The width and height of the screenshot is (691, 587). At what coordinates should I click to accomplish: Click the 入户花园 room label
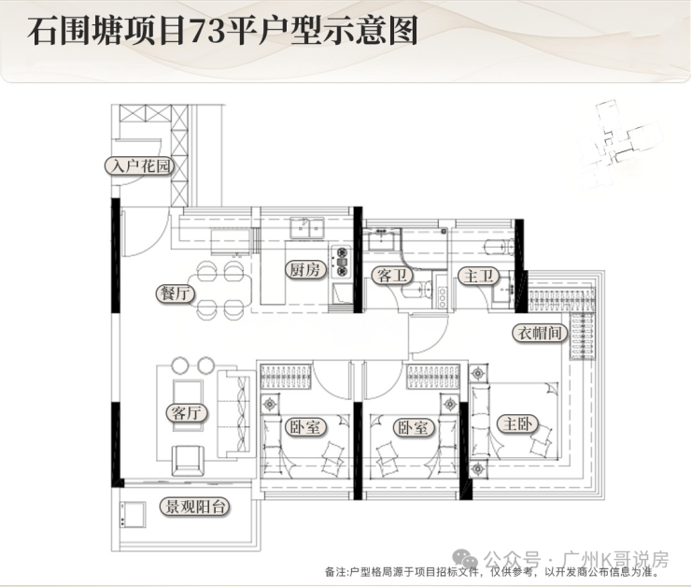coord(139,166)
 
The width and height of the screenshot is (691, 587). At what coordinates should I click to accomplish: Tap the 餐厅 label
coord(176,293)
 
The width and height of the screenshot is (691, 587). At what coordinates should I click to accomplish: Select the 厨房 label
coord(305,269)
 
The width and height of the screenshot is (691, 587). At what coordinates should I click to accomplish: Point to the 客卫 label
coord(392,276)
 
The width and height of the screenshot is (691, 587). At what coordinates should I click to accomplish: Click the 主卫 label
coord(479,276)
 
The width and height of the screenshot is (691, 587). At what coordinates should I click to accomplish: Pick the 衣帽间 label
coord(540,333)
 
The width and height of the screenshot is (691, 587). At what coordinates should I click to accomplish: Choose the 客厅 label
coord(187,413)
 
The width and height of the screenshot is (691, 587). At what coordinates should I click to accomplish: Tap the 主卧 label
coord(518,423)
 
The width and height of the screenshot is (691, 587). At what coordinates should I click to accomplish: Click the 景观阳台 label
coord(194,507)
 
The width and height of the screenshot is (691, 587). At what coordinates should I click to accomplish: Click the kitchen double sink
coord(307,228)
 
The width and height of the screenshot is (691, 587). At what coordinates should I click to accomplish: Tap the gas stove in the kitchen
coord(342,261)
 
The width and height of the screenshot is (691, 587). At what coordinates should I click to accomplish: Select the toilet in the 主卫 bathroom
coord(500,247)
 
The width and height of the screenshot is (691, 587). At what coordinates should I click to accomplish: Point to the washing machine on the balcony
coord(133,514)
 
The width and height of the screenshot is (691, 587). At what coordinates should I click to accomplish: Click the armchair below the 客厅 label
coord(189,460)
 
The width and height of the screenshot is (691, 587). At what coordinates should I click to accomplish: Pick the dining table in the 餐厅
coord(219,289)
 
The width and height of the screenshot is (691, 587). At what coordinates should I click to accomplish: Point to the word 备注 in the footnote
coord(336,572)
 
